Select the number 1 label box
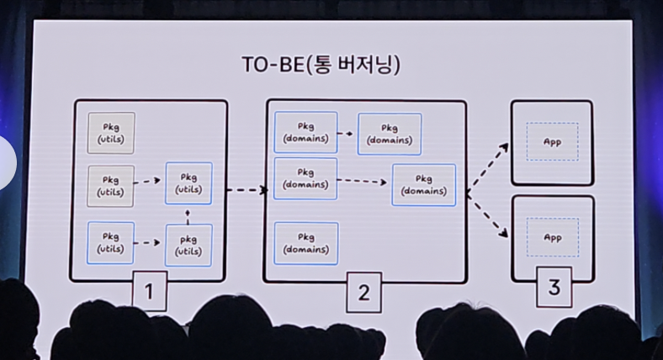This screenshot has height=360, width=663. (149, 292)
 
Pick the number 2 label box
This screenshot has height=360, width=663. (363, 292)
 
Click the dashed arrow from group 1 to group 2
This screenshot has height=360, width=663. (247, 190)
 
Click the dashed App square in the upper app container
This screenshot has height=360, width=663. (552, 142)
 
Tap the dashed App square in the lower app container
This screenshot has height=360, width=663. (552, 238)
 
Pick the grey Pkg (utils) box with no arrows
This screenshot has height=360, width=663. (111, 133)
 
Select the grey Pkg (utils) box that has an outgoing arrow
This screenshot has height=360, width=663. (111, 185)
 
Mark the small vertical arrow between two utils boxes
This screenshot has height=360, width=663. (188, 214)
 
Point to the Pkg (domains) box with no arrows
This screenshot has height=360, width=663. (305, 243)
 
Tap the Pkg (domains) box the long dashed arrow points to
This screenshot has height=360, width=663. (423, 185)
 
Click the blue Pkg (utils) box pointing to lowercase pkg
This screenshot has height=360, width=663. (111, 243)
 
